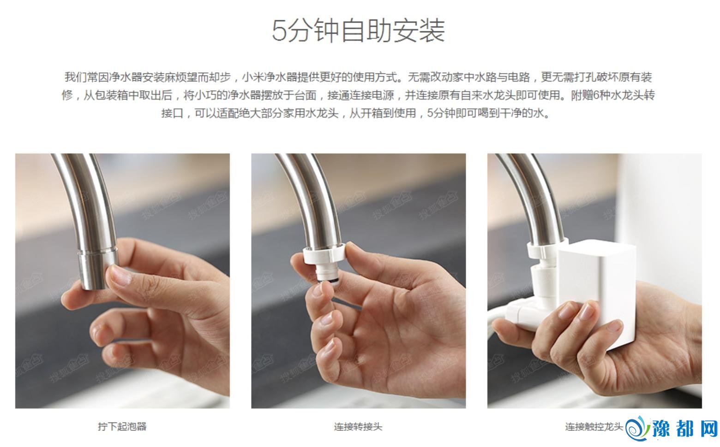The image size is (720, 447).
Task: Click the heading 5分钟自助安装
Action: [x=359, y=30]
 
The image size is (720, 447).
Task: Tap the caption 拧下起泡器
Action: [x=122, y=427]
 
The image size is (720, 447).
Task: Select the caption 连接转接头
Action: [x=358, y=427]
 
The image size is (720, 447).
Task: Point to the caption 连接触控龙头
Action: [x=594, y=427]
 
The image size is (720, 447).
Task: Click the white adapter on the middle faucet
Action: [x=324, y=262]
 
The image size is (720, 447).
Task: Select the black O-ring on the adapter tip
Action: [x=328, y=281]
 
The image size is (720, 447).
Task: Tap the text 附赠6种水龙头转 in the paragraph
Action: [x=613, y=95]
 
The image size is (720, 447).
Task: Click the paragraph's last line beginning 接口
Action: [x=356, y=113]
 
